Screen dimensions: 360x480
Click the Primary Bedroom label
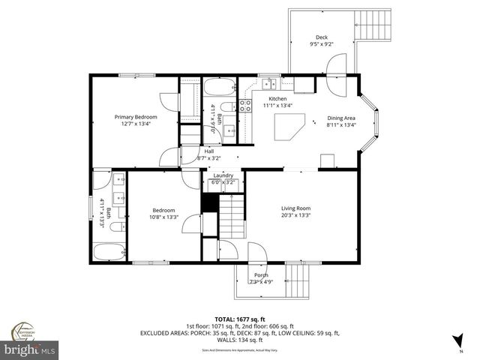(x=136, y=117)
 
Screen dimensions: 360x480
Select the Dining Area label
(x=341, y=118)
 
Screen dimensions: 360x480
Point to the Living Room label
(x=296, y=208)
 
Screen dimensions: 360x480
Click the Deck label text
(x=322, y=37)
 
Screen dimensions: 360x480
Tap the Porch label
(x=261, y=275)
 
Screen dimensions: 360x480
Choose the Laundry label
(x=223, y=175)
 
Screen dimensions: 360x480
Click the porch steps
(x=298, y=284)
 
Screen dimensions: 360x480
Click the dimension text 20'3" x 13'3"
(x=296, y=215)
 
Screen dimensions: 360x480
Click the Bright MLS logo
(x=30, y=349)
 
